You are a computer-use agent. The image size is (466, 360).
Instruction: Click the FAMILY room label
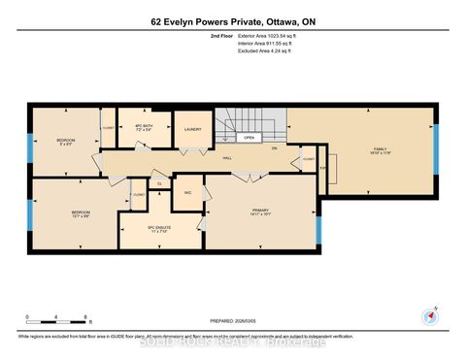tap(380, 149)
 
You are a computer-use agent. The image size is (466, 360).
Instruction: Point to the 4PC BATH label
tap(144, 127)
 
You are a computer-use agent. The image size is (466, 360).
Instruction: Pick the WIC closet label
tap(187, 193)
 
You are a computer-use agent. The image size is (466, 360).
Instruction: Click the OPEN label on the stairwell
tap(250, 138)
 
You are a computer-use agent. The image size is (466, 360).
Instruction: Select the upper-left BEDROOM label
tap(66, 142)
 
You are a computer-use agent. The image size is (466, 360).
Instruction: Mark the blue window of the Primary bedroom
tap(318, 231)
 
